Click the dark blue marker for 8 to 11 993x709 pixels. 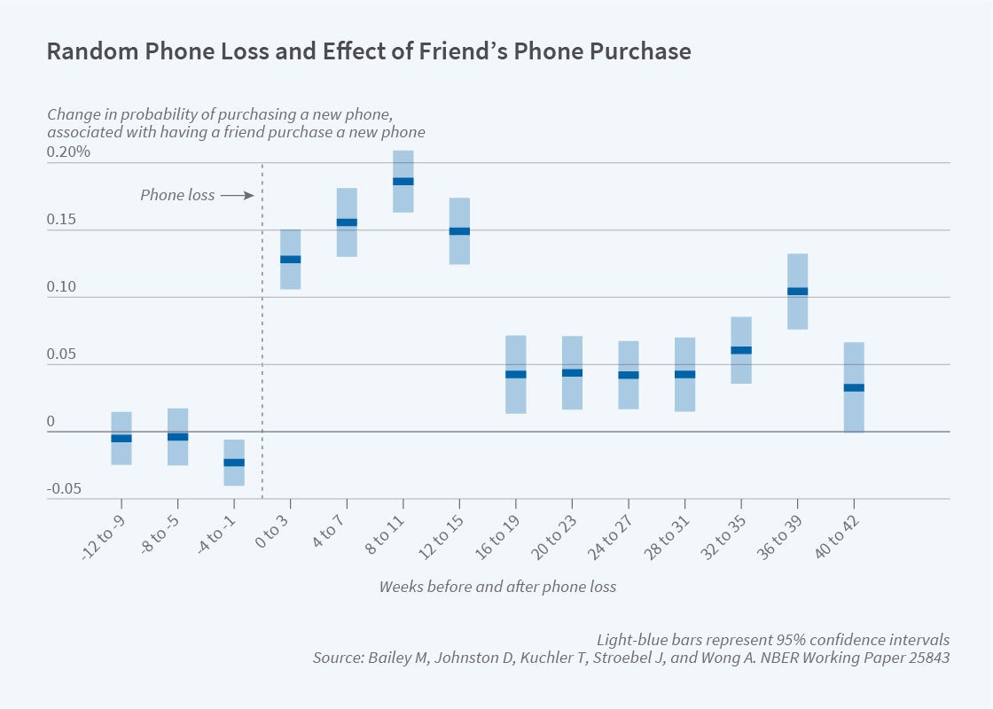[403, 182]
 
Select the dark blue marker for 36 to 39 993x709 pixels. [797, 291]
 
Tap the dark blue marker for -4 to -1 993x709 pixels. [234, 463]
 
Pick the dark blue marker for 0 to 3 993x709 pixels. [291, 260]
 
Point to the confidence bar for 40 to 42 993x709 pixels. [854, 408]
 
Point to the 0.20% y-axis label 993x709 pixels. [68, 152]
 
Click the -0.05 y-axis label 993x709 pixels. [63, 488]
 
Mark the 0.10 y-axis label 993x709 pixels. [63, 287]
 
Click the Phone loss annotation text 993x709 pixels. [177, 195]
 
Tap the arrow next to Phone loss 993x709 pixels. [237, 195]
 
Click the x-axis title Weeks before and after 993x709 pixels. [497, 587]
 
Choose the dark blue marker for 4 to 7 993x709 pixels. [347, 222]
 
